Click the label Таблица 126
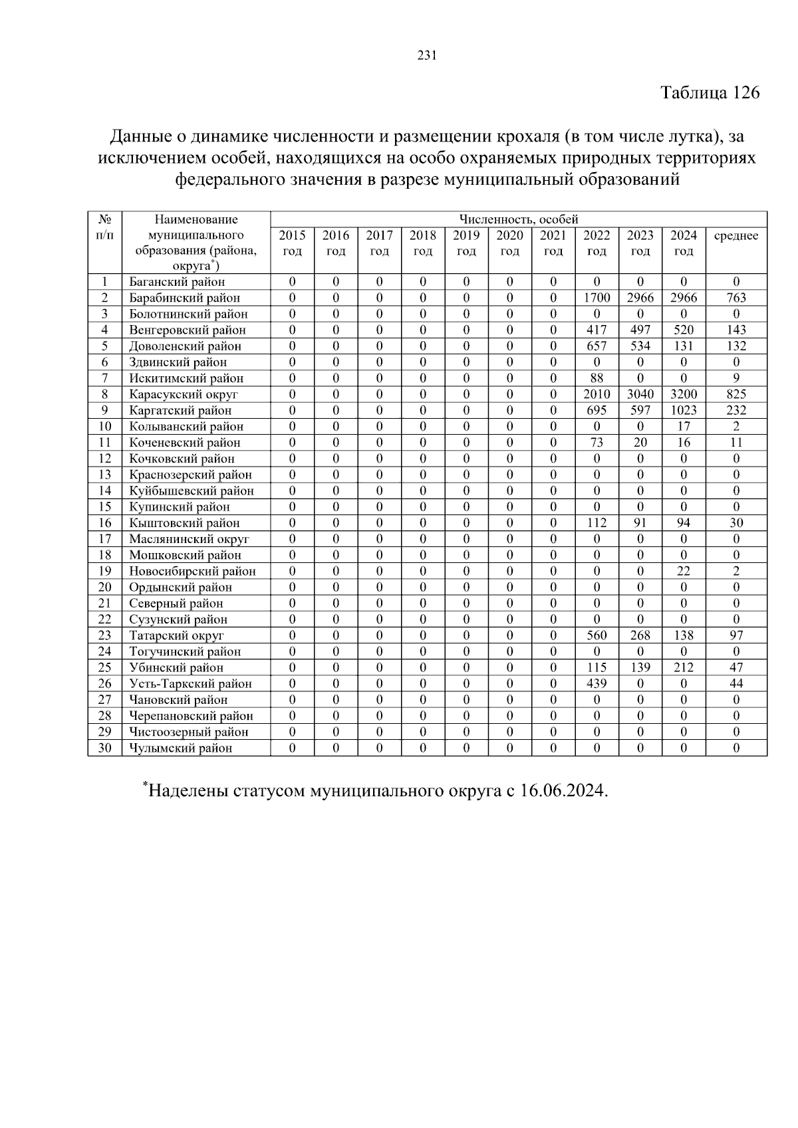pos(710,92)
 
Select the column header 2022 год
pos(597,243)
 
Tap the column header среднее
pos(735,236)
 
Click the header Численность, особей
pos(519,219)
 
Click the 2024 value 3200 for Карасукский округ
pos(684,394)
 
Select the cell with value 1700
pos(597,298)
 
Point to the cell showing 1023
pos(684,410)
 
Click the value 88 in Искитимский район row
pos(597,378)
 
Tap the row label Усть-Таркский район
pos(190,684)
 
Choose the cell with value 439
pos(597,684)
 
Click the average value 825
pos(736,394)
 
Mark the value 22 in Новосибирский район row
pos(684,571)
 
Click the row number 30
pos(104,748)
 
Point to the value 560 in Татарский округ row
pos(597,635)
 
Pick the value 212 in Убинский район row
pos(684,667)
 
